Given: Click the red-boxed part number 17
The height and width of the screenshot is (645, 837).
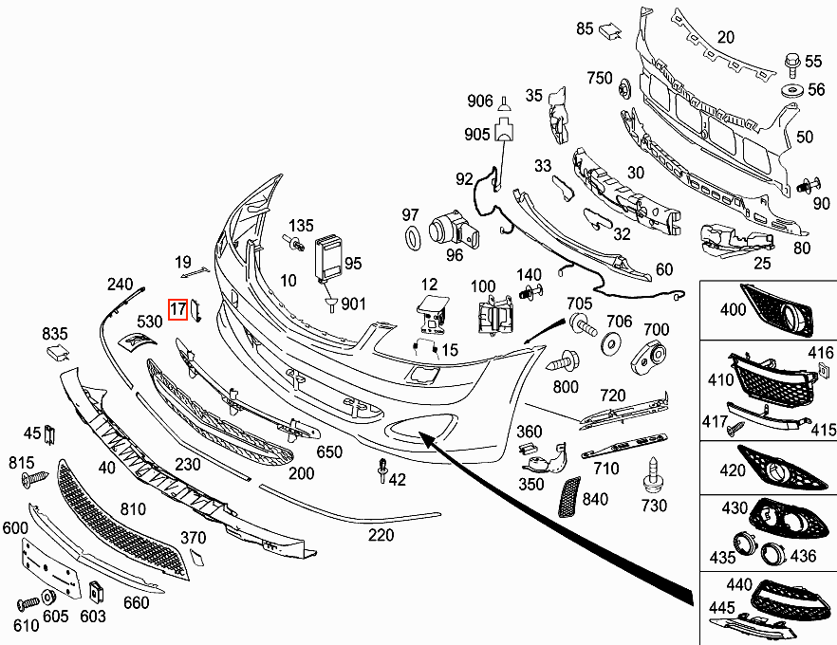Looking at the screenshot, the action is coord(177,309).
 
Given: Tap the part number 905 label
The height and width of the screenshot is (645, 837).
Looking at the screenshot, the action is coord(476,134).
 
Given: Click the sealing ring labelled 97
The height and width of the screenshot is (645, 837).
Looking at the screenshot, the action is coord(413,237).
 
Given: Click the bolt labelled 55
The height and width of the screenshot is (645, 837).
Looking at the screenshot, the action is coord(792,64).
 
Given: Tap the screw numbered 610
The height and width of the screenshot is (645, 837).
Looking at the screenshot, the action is coord(28,603).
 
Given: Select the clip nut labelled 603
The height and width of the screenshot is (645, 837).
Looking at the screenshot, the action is coord(96,590).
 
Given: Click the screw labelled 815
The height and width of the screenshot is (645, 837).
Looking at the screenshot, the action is coord(35,479).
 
